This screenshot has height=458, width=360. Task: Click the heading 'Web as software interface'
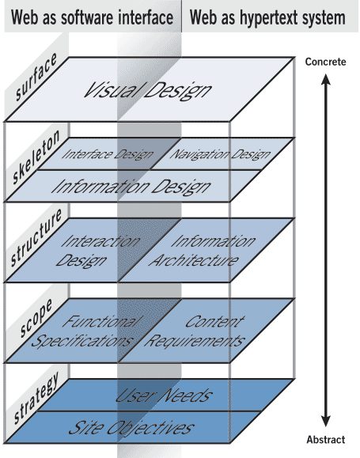pyautogui.click(x=92, y=17)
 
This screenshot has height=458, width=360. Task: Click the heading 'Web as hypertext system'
pyautogui.click(x=267, y=17)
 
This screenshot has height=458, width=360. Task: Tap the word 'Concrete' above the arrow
pyautogui.click(x=326, y=62)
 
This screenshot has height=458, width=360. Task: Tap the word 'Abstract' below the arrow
pyautogui.click(x=326, y=440)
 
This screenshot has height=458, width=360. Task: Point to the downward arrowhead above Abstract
pyautogui.click(x=326, y=424)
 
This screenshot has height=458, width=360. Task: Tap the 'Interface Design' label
pyautogui.click(x=107, y=154)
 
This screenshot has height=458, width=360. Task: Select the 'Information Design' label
pyautogui.click(x=131, y=187)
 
